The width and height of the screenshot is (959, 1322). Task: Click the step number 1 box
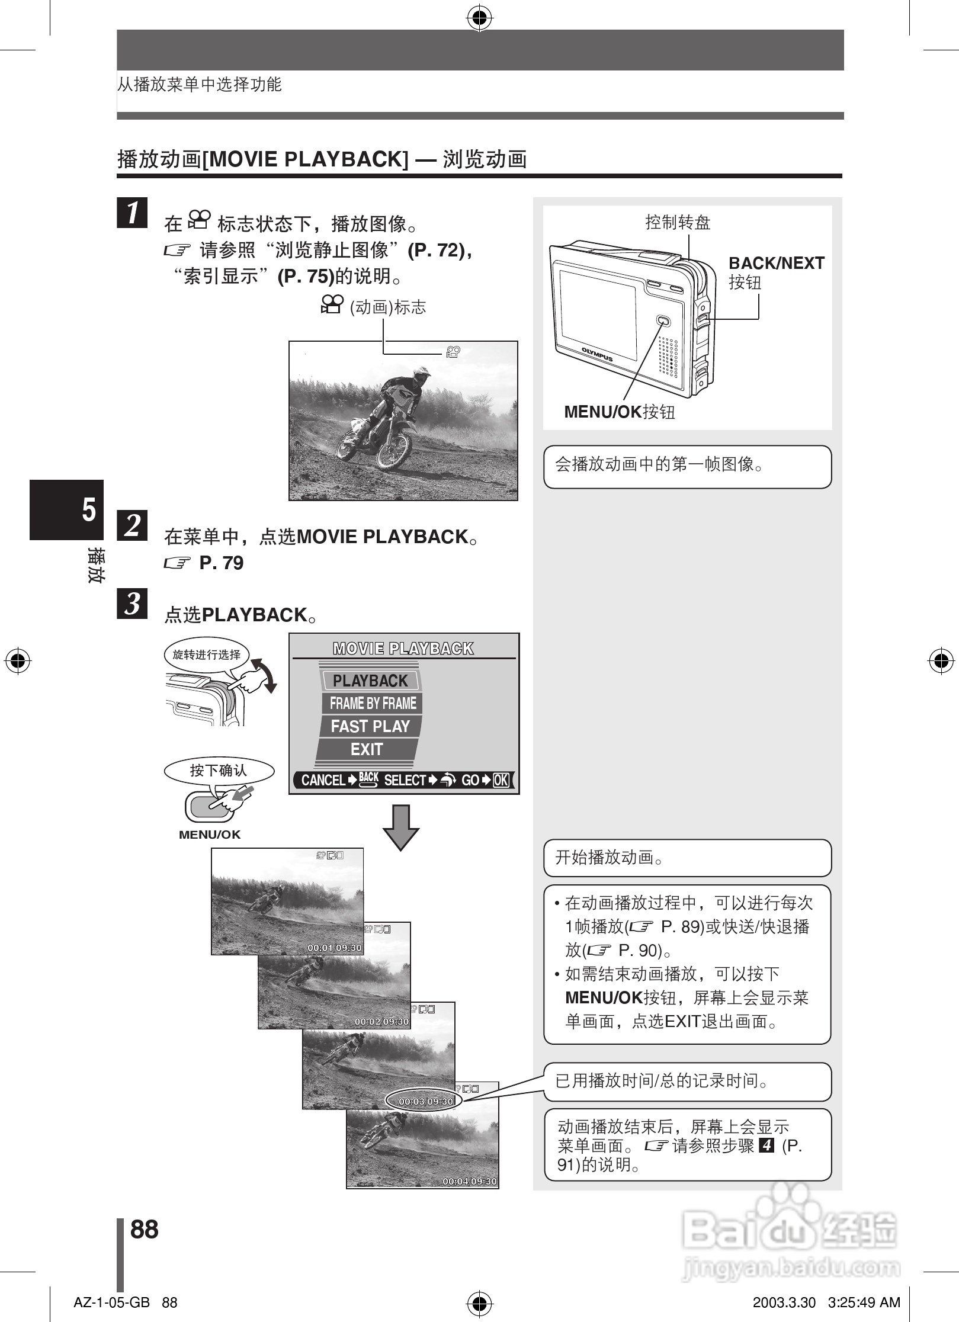pos(132,213)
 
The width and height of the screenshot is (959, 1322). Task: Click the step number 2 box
pos(132,525)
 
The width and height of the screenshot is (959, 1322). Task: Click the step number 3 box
pos(132,604)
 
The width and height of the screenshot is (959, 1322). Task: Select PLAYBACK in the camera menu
pos(370,681)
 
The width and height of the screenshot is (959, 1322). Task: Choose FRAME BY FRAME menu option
pos(373,703)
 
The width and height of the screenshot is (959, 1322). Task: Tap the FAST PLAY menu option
pos(370,726)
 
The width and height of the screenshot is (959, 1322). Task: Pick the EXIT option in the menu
pos(367,749)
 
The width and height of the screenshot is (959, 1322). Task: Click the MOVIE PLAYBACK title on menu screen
pos(403,649)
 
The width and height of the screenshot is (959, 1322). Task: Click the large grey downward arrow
pos(401,827)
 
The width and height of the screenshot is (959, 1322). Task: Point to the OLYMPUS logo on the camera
pos(597,354)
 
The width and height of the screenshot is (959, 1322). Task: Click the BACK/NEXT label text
pos(776,264)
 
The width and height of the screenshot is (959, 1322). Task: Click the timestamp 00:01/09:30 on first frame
pos(334,948)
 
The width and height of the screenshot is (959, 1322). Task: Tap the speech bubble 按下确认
pos(219,771)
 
